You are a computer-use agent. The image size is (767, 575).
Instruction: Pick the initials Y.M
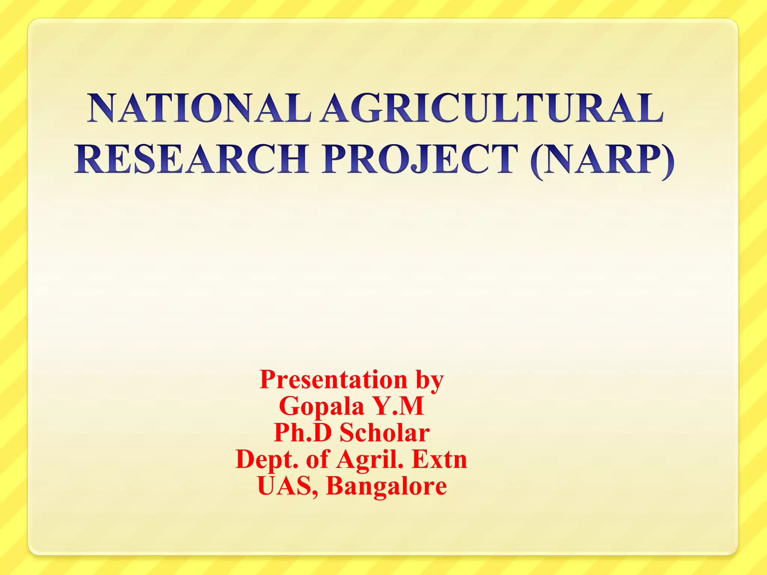[x=399, y=406]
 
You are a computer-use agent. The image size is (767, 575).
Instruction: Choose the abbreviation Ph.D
[x=303, y=433]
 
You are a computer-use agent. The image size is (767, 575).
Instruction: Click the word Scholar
[x=384, y=433]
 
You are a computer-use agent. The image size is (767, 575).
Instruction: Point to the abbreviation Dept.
[x=267, y=460]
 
